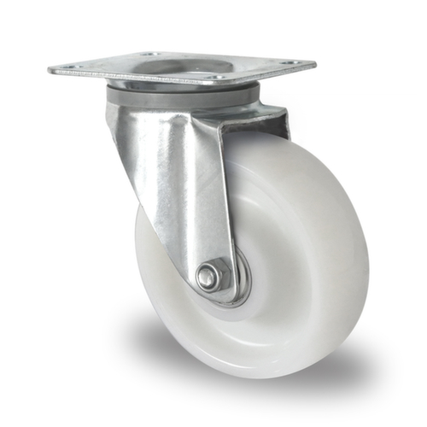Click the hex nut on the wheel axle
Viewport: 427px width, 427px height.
tap(210, 276)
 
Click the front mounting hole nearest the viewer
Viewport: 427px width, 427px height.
tap(220, 78)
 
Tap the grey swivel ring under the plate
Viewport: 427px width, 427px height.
tap(184, 97)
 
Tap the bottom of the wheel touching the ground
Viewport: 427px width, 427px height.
tap(256, 371)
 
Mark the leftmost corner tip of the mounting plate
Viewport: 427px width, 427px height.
tap(50, 68)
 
